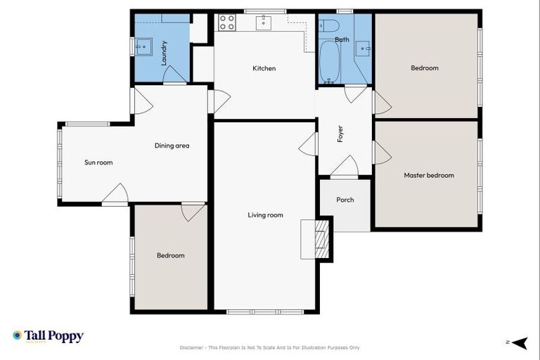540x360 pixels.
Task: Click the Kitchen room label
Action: pos(264,68)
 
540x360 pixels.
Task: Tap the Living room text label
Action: pos(265,215)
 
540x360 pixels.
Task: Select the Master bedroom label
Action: pos(428,175)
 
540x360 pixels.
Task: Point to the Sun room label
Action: pos(98,162)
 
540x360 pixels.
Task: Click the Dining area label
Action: pos(172,146)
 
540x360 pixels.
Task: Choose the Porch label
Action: pos(345,200)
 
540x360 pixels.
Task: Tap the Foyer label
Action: pos(340,134)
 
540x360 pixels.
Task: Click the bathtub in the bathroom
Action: pos(329,62)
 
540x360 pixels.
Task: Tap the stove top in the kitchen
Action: pos(227,22)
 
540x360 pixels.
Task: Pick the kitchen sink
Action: pos(264,23)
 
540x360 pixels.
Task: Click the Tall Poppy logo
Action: pos(48,336)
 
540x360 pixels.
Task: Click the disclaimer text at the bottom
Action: pos(269,347)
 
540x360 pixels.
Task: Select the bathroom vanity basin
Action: pos(363,48)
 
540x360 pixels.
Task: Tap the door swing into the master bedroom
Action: pos(382,153)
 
